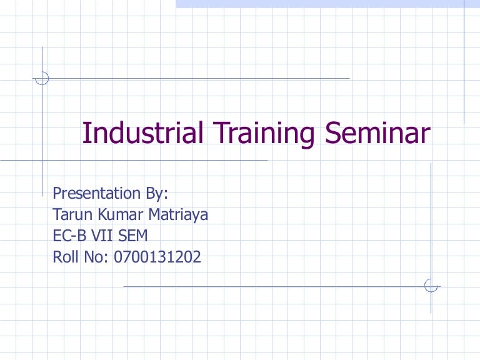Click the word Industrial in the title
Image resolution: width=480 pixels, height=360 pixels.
click(x=143, y=133)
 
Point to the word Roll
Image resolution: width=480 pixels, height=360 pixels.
click(x=64, y=256)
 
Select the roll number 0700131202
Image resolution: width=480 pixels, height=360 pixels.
click(x=157, y=256)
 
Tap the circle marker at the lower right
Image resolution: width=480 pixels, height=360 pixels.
click(x=431, y=286)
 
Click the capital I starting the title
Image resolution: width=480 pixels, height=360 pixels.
click(x=86, y=133)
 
